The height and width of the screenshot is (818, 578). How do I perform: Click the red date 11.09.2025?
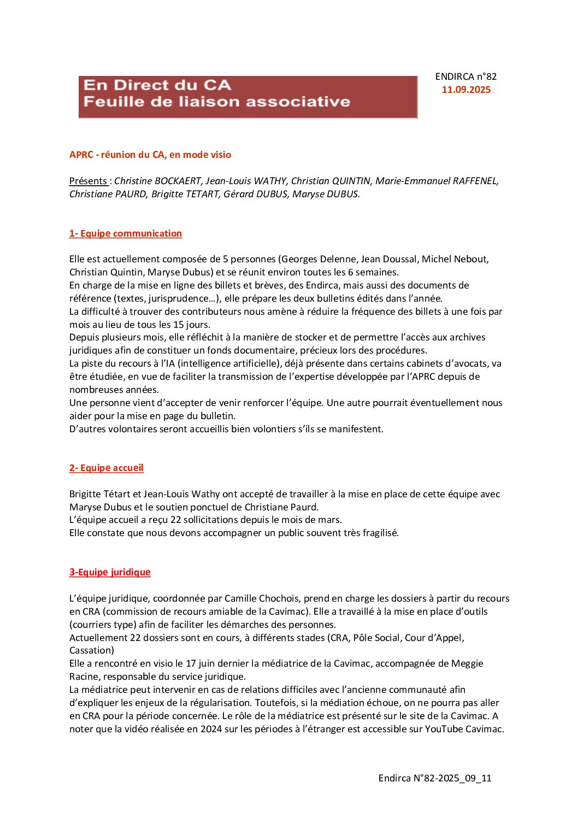click(x=466, y=90)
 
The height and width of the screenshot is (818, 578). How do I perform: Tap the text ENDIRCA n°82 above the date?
click(x=466, y=76)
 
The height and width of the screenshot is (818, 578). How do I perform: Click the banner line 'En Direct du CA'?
click(x=157, y=85)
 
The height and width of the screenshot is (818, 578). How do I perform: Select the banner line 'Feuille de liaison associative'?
click(x=217, y=102)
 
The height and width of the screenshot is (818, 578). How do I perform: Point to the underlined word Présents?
click(x=88, y=181)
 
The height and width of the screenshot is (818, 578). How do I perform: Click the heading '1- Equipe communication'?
click(x=126, y=233)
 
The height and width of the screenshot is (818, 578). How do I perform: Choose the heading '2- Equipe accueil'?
click(x=107, y=468)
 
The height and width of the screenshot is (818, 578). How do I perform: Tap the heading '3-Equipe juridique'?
click(x=110, y=572)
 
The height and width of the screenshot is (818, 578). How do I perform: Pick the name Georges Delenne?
click(x=315, y=259)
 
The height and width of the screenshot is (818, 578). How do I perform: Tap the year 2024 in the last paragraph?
click(x=211, y=729)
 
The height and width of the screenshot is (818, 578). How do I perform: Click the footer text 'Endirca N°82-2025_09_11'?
click(x=435, y=778)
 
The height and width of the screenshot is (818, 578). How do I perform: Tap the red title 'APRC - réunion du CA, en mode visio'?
click(x=150, y=155)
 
